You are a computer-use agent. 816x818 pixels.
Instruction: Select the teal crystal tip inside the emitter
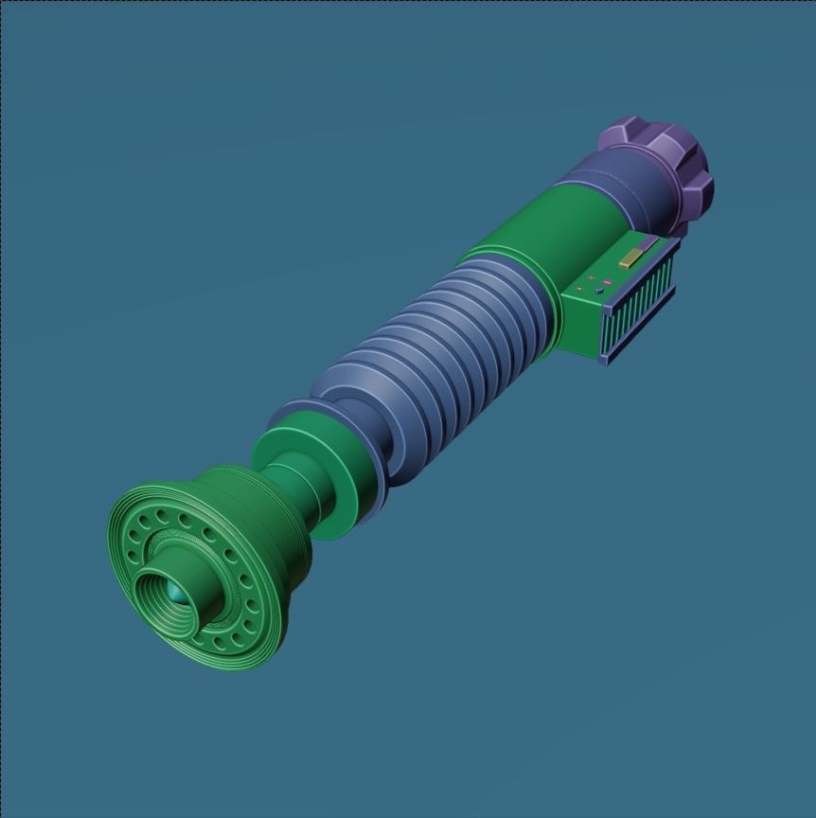pos(175,594)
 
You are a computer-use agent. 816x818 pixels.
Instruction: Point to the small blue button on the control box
pos(598,292)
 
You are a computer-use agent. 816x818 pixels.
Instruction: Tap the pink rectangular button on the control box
pos(606,282)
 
